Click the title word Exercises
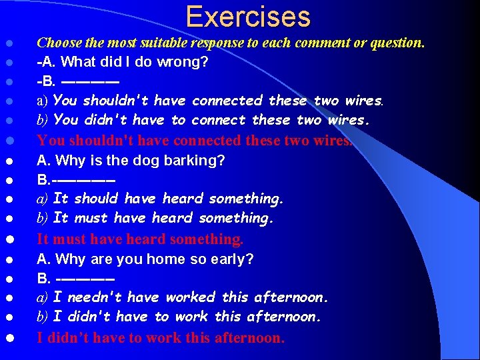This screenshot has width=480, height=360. (x=248, y=17)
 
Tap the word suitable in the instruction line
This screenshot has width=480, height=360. (x=165, y=43)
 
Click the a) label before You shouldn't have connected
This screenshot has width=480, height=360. (x=43, y=101)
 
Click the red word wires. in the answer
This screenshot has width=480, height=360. (x=329, y=141)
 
